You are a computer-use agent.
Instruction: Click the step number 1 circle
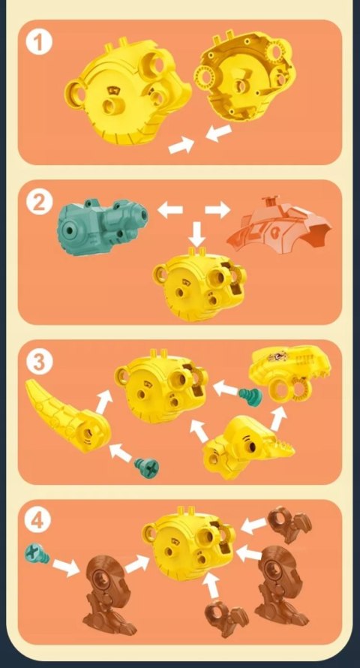(x=39, y=43)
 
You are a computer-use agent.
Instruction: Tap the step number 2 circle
(x=39, y=202)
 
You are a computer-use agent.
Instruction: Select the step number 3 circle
(x=39, y=362)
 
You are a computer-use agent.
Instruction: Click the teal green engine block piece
(x=103, y=227)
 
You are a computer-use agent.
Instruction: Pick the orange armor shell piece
(x=280, y=225)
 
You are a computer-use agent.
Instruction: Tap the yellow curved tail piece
(x=67, y=416)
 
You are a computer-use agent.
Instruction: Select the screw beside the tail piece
(x=147, y=468)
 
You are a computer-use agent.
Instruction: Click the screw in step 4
(x=37, y=554)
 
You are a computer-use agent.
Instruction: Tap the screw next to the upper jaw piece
(x=250, y=396)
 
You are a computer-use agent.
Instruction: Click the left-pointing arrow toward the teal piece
(x=170, y=209)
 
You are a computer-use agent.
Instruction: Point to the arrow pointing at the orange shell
(x=217, y=209)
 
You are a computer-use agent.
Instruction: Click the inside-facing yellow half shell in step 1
(x=245, y=75)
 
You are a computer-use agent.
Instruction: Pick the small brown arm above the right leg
(x=289, y=524)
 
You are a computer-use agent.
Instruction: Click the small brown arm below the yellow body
(x=226, y=618)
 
